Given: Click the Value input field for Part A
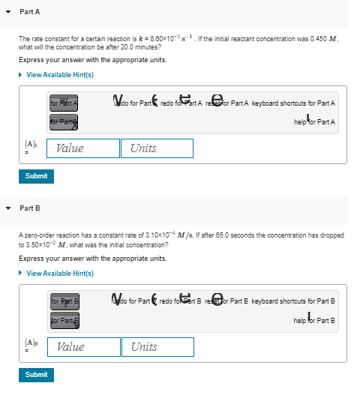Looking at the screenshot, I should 82,148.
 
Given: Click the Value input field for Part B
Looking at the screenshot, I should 82,347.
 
